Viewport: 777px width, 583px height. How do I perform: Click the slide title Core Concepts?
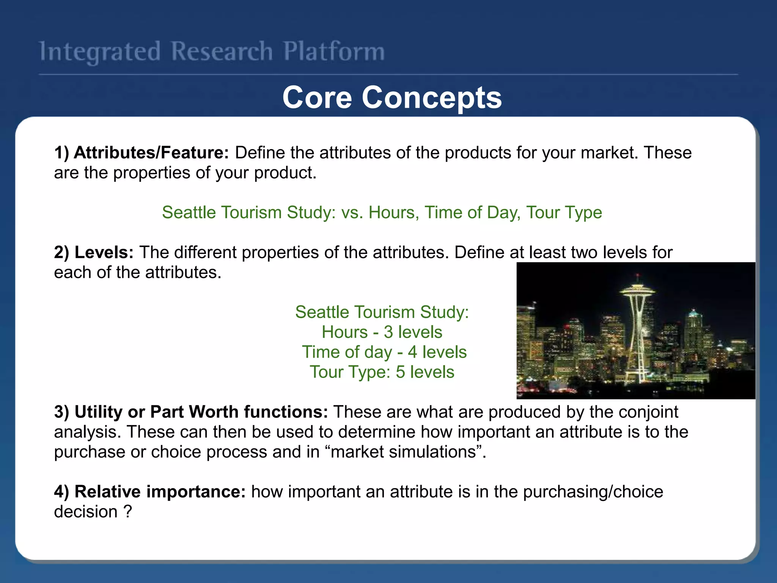pyautogui.click(x=392, y=98)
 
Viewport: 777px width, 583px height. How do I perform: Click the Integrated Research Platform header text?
pyautogui.click(x=212, y=52)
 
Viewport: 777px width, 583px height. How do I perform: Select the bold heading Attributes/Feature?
pyautogui.click(x=151, y=153)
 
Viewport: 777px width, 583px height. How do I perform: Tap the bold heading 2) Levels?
pyautogui.click(x=94, y=252)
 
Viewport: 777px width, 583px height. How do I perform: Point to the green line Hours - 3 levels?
pyautogui.click(x=382, y=332)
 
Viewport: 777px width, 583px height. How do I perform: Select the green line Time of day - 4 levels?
pyautogui.click(x=384, y=352)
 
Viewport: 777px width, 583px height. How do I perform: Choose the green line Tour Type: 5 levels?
pyautogui.click(x=382, y=372)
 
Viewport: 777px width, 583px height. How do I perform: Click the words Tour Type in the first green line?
pyautogui.click(x=564, y=213)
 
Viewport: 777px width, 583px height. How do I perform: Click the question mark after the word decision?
pyautogui.click(x=128, y=512)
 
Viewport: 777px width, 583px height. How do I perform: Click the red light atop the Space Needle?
pyautogui.click(x=637, y=274)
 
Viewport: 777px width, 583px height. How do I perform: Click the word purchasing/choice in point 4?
pyautogui.click(x=593, y=492)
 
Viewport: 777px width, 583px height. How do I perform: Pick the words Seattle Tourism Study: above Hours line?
pyautogui.click(x=382, y=312)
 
